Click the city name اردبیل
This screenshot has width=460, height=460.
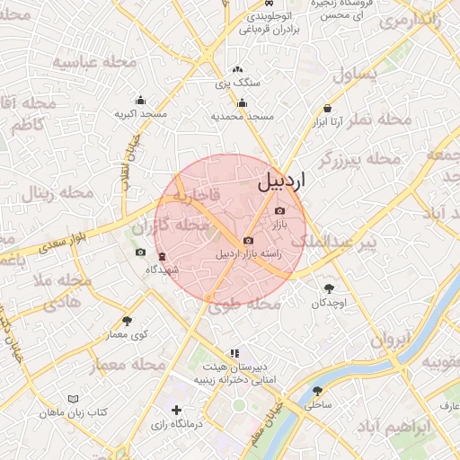tap(281, 180)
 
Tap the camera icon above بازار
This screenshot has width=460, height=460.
tap(279, 210)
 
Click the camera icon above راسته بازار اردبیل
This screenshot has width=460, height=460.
tap(249, 241)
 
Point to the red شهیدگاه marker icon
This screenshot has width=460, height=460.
tap(162, 256)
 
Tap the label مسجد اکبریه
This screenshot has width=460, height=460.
tap(140, 114)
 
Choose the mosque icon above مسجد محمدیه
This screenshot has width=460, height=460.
tap(242, 102)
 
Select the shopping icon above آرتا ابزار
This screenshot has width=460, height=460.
tap(326, 109)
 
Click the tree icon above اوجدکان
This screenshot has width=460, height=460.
tap(330, 288)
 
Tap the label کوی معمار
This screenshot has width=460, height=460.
tap(127, 334)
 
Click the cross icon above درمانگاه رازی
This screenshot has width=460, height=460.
tap(176, 410)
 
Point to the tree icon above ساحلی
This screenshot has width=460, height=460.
tap(317, 391)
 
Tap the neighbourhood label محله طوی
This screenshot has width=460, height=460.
tap(239, 305)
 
